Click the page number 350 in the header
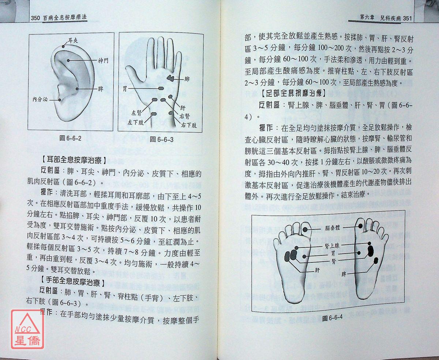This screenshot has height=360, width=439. [35, 18]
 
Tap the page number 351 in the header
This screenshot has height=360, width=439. [408, 19]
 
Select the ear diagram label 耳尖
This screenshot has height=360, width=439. [73, 40]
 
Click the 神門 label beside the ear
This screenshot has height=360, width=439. [103, 61]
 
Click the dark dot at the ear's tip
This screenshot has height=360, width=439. [63, 46]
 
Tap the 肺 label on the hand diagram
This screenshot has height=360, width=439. [187, 79]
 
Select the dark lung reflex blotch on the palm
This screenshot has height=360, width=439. [171, 78]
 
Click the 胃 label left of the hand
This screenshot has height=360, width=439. [125, 89]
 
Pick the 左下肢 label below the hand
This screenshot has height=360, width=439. [136, 122]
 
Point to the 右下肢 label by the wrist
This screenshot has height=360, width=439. [189, 125]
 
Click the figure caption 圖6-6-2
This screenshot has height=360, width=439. [70, 138]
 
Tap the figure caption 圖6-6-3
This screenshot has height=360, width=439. [162, 139]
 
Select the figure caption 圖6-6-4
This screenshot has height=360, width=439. [332, 318]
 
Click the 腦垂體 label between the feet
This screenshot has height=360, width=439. [333, 228]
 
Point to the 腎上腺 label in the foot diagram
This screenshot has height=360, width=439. [332, 246]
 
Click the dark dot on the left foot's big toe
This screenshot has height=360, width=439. [305, 230]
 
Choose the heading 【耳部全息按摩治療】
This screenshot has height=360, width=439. [74, 160]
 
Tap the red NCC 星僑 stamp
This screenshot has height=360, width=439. [27, 329]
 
